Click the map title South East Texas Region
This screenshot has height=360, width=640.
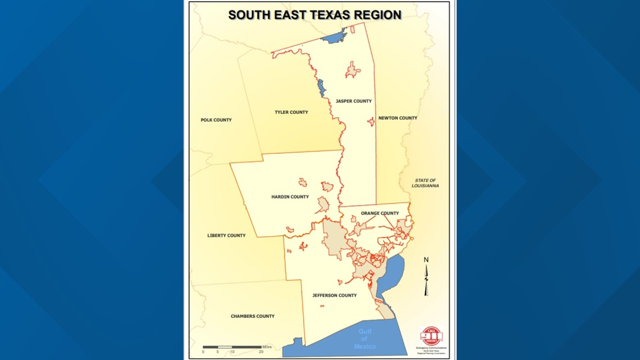[x=314, y=15]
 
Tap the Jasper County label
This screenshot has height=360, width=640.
[x=354, y=101]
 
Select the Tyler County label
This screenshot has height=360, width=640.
[x=291, y=112]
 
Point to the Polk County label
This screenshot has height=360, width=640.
[x=216, y=120]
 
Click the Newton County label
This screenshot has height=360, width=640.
[x=397, y=118]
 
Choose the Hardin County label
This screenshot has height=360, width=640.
[x=290, y=197]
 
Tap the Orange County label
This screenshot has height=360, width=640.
[x=380, y=213]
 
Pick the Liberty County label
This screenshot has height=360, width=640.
[x=226, y=236]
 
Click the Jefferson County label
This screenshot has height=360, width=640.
[x=335, y=295]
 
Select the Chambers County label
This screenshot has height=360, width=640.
[x=253, y=316]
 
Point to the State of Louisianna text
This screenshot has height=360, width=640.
[x=425, y=183]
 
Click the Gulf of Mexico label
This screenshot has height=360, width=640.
[x=364, y=339]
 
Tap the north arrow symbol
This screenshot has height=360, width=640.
[x=426, y=280]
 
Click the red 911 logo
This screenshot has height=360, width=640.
[x=431, y=336]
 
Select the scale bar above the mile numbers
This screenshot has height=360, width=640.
[x=232, y=347]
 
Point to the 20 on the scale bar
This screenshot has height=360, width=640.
[x=261, y=352]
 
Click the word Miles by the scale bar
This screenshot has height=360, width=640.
[x=267, y=347]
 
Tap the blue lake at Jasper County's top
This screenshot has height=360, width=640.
[x=335, y=38]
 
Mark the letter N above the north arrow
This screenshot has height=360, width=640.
[x=426, y=259]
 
